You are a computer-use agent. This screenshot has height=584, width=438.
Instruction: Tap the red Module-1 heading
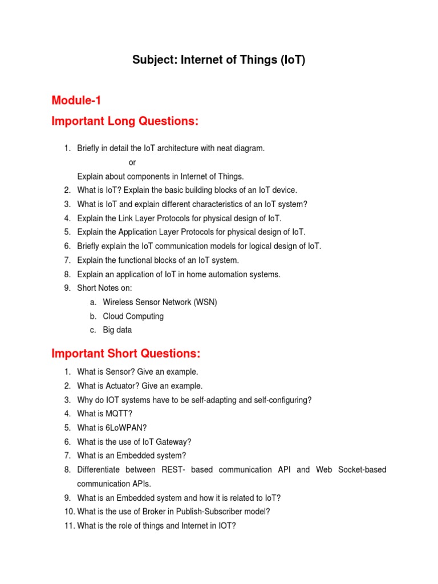point(76,101)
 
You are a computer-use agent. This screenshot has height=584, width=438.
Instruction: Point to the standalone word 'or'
point(132,162)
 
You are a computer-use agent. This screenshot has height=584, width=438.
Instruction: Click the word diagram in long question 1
point(249,148)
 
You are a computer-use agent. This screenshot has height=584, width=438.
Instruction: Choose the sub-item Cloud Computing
point(133,316)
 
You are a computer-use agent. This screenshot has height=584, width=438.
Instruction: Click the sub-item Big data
point(117,330)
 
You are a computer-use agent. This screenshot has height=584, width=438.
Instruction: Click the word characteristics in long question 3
point(204,204)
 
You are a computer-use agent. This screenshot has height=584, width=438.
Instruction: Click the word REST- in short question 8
point(176,469)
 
